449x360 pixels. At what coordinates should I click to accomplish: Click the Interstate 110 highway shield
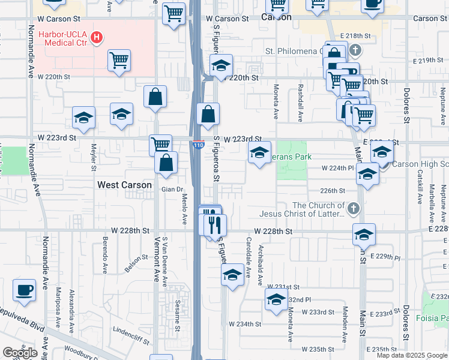click(198, 145)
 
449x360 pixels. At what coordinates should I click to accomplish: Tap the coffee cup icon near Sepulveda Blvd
click(25, 290)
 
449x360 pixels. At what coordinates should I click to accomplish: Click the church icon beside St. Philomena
click(355, 50)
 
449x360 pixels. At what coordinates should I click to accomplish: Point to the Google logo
click(20, 353)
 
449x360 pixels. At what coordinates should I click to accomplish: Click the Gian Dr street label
click(171, 190)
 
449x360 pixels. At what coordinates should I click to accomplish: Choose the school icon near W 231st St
click(232, 275)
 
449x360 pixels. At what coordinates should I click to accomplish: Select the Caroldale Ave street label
click(248, 257)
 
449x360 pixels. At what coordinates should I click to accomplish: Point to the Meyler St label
click(94, 157)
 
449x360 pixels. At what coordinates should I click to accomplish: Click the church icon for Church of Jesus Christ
click(354, 209)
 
